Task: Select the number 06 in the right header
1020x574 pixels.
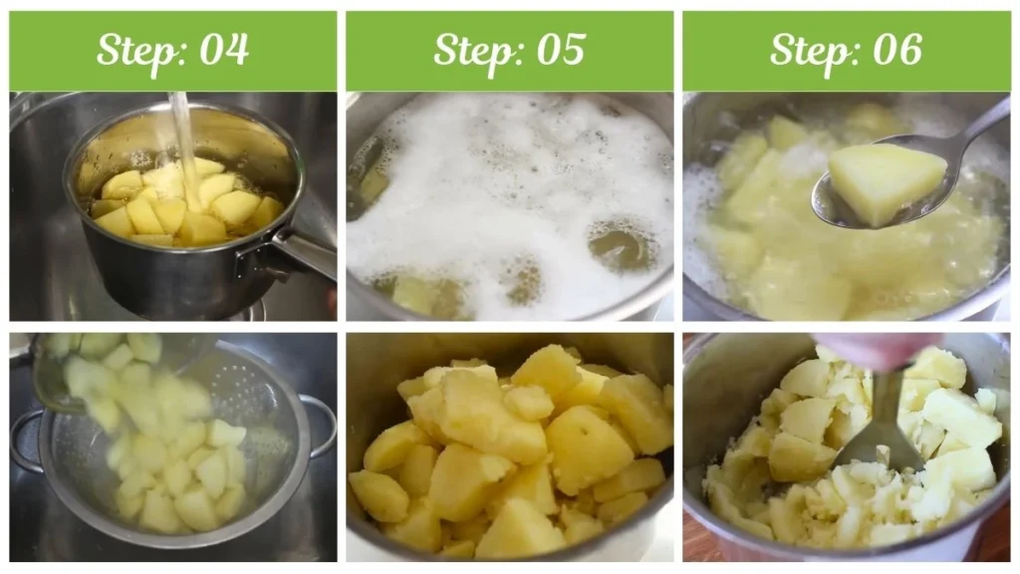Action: click(x=897, y=50)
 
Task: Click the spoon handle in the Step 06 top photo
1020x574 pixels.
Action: click(x=981, y=124)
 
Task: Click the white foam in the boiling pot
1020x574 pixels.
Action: click(x=508, y=189)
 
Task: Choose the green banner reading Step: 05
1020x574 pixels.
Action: click(x=510, y=51)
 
